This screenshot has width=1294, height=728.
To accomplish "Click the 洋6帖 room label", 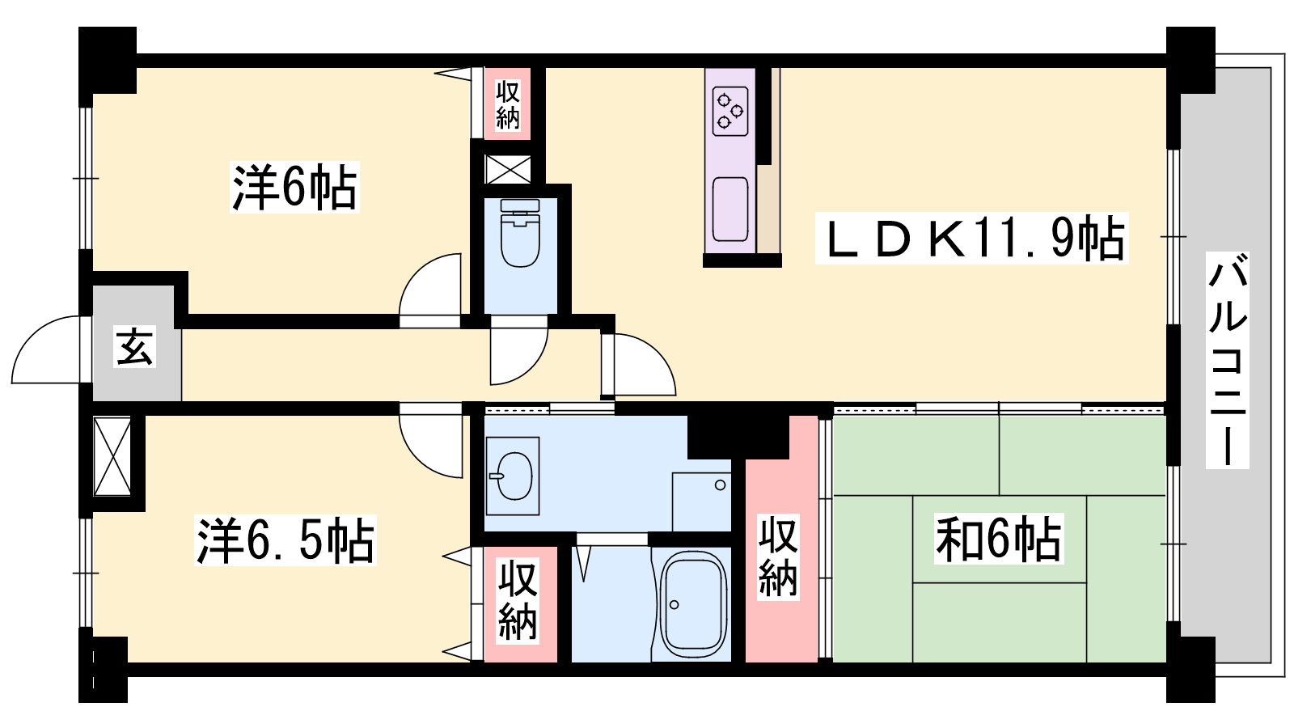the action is (x=294, y=187).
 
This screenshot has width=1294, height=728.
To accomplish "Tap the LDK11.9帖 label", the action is (x=971, y=238).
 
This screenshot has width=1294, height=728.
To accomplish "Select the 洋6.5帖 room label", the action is (x=285, y=540).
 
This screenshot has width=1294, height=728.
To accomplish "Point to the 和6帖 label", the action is (x=998, y=539).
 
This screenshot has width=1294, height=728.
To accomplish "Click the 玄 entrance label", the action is (x=134, y=347).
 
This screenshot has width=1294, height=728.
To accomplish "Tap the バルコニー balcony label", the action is (x=1228, y=360).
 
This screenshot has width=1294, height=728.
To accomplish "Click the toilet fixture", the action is (x=520, y=233).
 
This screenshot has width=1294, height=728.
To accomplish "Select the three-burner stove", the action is (x=730, y=112).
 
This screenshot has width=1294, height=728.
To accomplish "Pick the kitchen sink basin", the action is (x=730, y=209).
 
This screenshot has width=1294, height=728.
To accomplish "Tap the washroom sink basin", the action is (x=513, y=476).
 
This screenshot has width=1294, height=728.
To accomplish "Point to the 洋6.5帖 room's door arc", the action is (x=421, y=454).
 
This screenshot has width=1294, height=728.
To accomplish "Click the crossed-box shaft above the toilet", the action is (x=507, y=169).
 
